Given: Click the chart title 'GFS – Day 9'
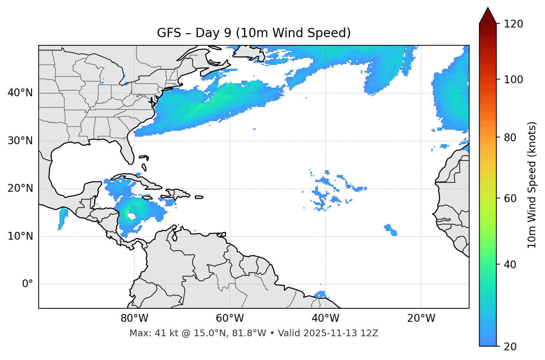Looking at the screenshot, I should click(254, 33).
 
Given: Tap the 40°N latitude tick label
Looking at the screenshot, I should click(20, 93).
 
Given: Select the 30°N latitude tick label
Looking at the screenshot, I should click(20, 141).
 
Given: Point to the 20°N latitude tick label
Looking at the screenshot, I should click(20, 188).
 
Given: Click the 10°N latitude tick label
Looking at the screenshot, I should click(20, 236).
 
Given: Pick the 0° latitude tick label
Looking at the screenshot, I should click(27, 284).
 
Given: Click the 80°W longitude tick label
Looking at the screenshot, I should click(134, 318).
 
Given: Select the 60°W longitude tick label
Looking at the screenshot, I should click(230, 318).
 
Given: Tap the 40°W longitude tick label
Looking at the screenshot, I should click(325, 318).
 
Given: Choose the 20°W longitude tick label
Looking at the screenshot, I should click(421, 318).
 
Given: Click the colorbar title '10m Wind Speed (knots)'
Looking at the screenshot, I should click(532, 185).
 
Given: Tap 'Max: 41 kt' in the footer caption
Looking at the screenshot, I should click(147, 333).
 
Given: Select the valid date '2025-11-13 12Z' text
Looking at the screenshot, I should click(341, 333).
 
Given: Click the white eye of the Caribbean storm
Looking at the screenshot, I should click(131, 215).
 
